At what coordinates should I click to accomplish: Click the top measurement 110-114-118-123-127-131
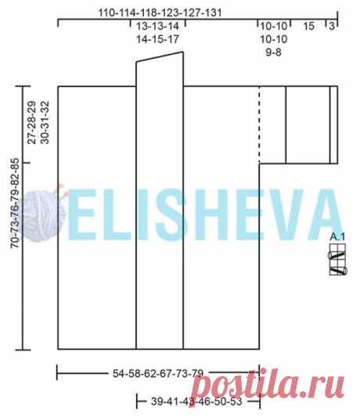tap(160, 13)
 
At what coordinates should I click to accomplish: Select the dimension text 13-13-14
tap(158, 27)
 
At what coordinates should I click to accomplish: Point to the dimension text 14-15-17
tap(158, 39)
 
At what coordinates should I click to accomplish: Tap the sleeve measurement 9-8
tap(273, 52)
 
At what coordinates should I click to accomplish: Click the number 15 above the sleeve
tap(308, 27)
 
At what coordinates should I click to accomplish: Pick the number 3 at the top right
tap(332, 26)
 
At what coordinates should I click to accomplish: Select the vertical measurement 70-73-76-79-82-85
tap(15, 203)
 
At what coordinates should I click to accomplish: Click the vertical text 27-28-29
tap(31, 122)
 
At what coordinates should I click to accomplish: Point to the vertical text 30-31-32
tap(45, 122)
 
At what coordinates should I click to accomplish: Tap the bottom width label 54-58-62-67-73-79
tap(158, 373)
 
